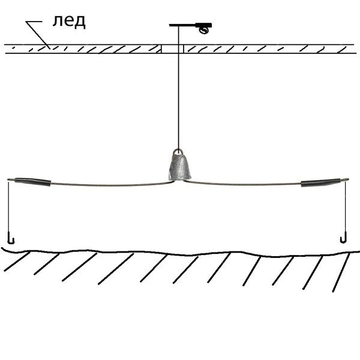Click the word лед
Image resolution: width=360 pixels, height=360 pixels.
coord(69,22)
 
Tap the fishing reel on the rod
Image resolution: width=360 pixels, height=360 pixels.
coord(203,30)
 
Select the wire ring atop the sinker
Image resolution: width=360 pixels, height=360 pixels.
coord(178,152)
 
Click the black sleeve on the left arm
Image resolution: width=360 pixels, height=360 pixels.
coord(32,182)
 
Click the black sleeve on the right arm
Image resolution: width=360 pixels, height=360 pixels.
coord(320,182)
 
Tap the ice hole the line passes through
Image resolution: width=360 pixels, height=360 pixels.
coord(172,49)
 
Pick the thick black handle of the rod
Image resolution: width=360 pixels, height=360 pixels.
coord(203,25)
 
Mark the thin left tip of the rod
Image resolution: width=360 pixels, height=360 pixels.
coord(170,25)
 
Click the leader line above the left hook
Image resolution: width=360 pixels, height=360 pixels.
coord(9,206)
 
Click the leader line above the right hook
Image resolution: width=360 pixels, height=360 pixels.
coord(345,206)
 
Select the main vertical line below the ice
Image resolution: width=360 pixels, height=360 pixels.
coord(178,101)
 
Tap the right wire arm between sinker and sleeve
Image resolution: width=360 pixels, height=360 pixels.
coord(242,183)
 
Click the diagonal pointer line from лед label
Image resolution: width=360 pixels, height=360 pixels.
coord(38,35)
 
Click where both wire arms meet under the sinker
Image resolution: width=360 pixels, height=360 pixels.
coord(178,181)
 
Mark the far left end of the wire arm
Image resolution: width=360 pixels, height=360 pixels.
coord(8,179)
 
